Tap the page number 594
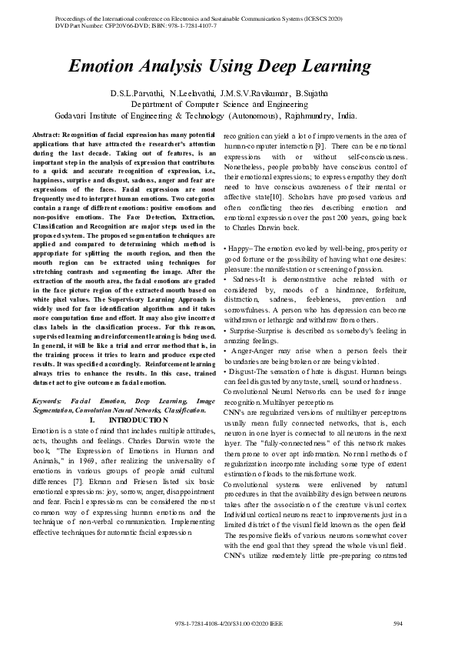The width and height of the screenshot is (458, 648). (x=397, y=623)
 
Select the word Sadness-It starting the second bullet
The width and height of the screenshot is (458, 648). (x=247, y=278)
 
